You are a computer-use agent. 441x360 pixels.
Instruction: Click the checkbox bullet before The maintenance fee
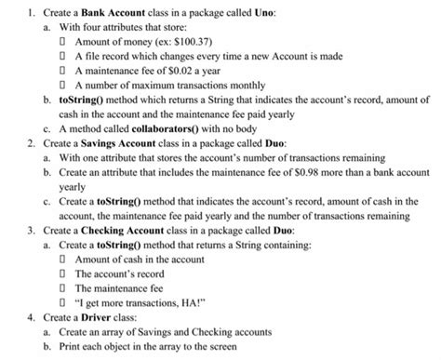coord(64,287)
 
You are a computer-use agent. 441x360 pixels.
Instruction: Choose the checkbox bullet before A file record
coord(64,56)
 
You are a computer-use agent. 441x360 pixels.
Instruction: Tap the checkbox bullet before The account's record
coord(64,273)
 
